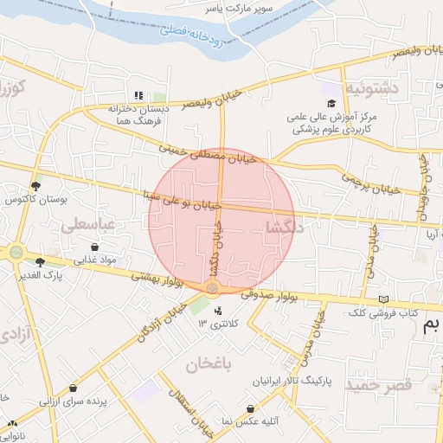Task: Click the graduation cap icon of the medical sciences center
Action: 331,104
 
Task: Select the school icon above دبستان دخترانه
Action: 138,96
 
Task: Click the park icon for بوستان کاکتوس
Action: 35,185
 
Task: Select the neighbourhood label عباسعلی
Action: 87,224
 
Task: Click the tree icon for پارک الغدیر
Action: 40,261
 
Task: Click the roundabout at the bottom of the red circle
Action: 213,288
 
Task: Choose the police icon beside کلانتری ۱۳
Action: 217,311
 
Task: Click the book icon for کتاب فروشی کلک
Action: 383,299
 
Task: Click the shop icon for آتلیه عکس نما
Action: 250,408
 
